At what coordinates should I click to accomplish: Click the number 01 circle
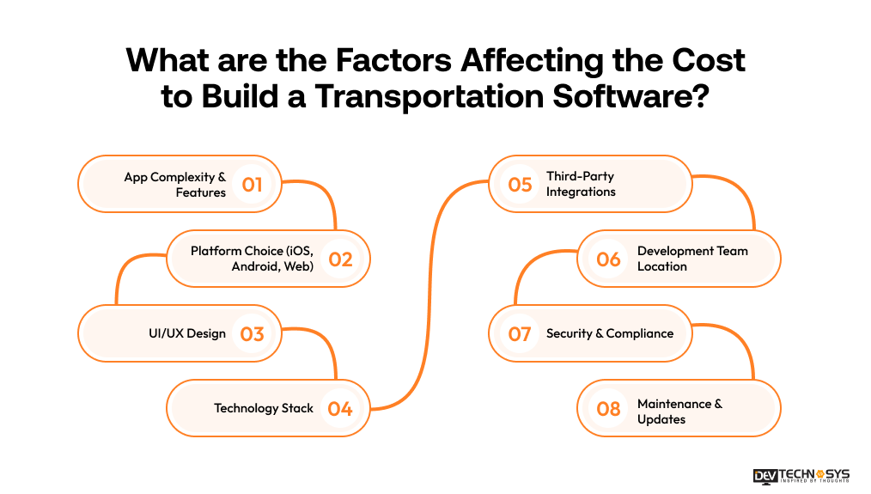pyautogui.click(x=252, y=184)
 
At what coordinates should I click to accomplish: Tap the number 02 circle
pyautogui.click(x=340, y=259)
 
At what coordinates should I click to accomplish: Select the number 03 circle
pyautogui.click(x=252, y=333)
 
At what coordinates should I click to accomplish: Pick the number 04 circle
pyautogui.click(x=340, y=408)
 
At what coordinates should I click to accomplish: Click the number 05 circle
pyautogui.click(x=520, y=184)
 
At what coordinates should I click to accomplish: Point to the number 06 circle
pyautogui.click(x=608, y=259)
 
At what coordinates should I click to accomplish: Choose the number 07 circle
pyautogui.click(x=520, y=333)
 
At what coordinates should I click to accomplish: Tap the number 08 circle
pyautogui.click(x=608, y=408)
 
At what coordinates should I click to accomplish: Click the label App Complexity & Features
pyautogui.click(x=175, y=185)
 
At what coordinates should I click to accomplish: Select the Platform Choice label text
pyautogui.click(x=253, y=259)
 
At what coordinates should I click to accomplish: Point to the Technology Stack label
pyautogui.click(x=264, y=408)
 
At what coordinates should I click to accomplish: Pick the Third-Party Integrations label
pyautogui.click(x=581, y=184)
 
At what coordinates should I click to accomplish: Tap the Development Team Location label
pyautogui.click(x=692, y=259)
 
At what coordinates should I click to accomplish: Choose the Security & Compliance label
pyautogui.click(x=610, y=333)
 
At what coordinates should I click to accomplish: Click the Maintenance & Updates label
pyautogui.click(x=679, y=412)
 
